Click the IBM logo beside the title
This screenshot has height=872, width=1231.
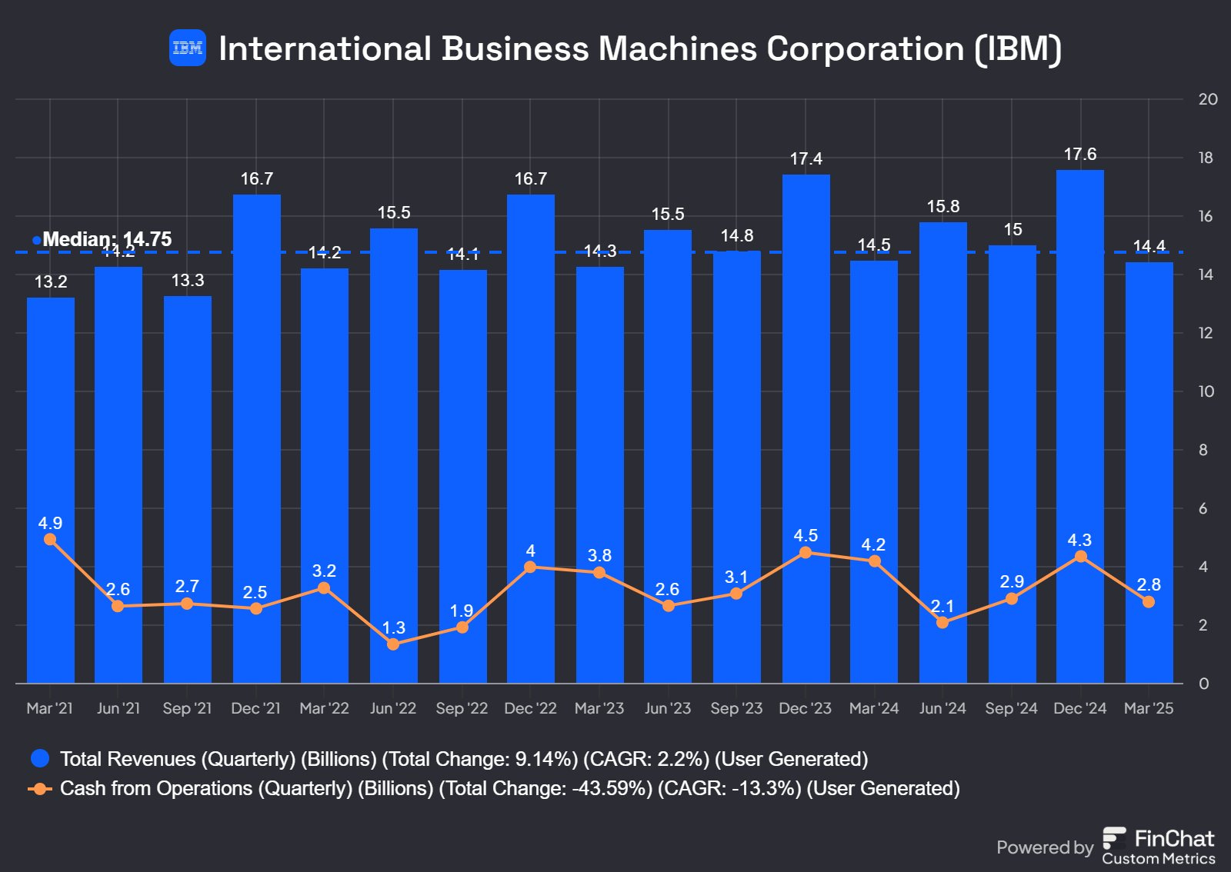[188, 48]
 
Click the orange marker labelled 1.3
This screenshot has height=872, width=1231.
[393, 644]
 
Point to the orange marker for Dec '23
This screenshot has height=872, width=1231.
[806, 553]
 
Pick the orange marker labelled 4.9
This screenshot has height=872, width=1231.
[50, 539]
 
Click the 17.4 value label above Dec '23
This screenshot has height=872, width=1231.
[806, 159]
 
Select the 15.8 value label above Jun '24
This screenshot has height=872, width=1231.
[942, 207]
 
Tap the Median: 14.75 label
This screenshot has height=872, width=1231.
[107, 239]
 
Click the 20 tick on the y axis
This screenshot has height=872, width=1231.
[1208, 99]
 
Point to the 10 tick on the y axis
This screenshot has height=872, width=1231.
[1206, 391]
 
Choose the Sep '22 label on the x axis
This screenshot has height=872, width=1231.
[462, 708]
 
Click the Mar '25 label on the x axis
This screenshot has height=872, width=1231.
[1149, 708]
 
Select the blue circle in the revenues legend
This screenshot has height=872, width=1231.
[40, 759]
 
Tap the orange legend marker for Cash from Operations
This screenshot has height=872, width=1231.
[40, 789]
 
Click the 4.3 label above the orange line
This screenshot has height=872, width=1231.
[1079, 541]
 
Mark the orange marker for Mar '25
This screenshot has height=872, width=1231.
[1149, 602]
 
